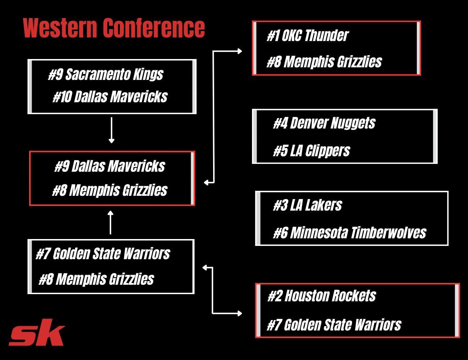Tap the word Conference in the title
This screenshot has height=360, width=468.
(154, 28)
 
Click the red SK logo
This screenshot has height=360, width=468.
(37, 332)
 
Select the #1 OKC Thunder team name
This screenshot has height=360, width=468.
(307, 36)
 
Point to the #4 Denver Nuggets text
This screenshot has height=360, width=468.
(324, 123)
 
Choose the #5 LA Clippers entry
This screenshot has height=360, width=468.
(311, 150)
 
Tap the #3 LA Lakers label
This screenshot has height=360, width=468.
(307, 205)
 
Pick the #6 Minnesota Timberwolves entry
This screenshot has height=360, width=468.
(350, 233)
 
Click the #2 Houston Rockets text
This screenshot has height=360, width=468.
(322, 296)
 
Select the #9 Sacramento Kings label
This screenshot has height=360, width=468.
(106, 75)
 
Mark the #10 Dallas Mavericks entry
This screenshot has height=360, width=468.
(110, 97)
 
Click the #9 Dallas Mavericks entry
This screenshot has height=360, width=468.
(110, 166)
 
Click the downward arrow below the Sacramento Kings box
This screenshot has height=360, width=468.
(111, 130)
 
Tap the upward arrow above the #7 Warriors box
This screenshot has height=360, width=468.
(110, 222)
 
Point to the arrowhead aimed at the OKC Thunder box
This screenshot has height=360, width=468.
(239, 51)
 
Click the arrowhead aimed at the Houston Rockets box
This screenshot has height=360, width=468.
(239, 314)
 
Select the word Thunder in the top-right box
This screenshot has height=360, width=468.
(327, 36)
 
